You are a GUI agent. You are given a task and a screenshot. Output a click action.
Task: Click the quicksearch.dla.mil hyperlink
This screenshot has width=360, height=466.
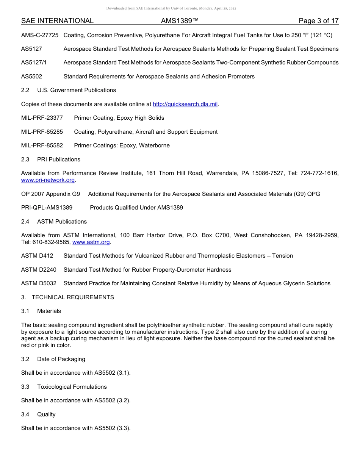185,104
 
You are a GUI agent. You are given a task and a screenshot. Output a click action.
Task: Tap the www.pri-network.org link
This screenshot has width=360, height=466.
48,180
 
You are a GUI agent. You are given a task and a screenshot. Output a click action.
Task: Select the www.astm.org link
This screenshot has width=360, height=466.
91,242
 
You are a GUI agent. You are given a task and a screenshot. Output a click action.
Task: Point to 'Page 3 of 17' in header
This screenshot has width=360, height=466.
318,21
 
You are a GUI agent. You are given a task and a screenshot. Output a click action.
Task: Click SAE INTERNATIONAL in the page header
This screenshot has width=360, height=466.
57,21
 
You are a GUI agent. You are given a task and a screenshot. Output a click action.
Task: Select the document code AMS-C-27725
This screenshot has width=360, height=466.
40,35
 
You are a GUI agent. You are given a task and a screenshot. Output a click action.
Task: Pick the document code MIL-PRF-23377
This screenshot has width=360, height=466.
42,118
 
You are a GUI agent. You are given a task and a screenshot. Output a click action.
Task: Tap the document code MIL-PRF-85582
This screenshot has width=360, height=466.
42,145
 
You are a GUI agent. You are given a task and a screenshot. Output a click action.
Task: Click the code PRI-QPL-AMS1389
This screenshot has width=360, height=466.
47,208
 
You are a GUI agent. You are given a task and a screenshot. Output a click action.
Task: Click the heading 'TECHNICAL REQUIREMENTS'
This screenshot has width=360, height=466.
73,297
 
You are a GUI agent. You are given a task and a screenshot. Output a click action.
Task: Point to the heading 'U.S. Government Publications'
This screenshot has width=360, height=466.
77,90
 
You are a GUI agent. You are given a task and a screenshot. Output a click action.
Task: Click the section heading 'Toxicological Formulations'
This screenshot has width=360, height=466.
72,387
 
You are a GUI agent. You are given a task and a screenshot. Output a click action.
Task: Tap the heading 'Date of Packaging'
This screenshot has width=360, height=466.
61,359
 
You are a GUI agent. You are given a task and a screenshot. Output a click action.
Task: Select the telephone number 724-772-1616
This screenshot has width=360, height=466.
319,173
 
